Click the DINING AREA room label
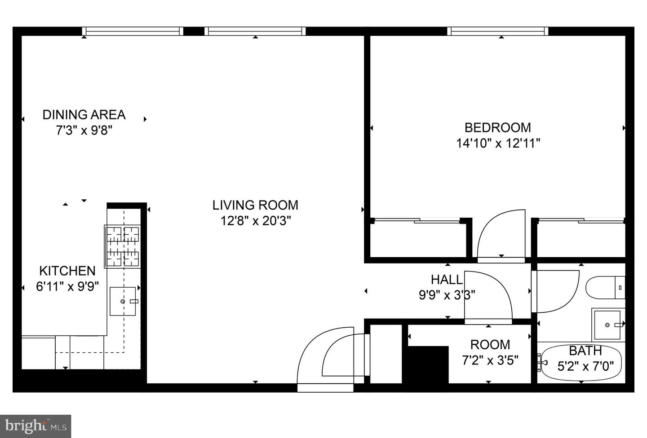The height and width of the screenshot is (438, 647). click(x=84, y=115)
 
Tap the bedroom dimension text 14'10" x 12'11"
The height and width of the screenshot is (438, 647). click(x=498, y=144)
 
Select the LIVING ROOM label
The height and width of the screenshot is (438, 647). click(x=255, y=205)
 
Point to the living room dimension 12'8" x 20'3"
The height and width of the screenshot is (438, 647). click(x=256, y=221)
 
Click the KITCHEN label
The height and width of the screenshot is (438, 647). click(x=67, y=271)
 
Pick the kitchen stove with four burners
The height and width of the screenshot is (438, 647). click(x=123, y=247)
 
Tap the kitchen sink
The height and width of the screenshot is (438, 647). click(x=123, y=301)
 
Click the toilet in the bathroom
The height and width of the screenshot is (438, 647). click(x=605, y=288)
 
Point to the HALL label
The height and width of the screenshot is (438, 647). click(x=447, y=280)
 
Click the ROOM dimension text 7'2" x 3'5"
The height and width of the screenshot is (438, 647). click(x=490, y=360)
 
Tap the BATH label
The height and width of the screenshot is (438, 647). click(x=585, y=351)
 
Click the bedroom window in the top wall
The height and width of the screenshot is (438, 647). click(x=498, y=31)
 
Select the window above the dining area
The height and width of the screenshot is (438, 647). click(x=133, y=31)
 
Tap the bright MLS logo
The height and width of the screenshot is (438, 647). click(x=35, y=426)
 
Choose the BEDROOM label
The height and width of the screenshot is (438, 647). click(x=498, y=127)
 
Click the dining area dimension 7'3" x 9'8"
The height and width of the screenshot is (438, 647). click(x=84, y=131)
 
